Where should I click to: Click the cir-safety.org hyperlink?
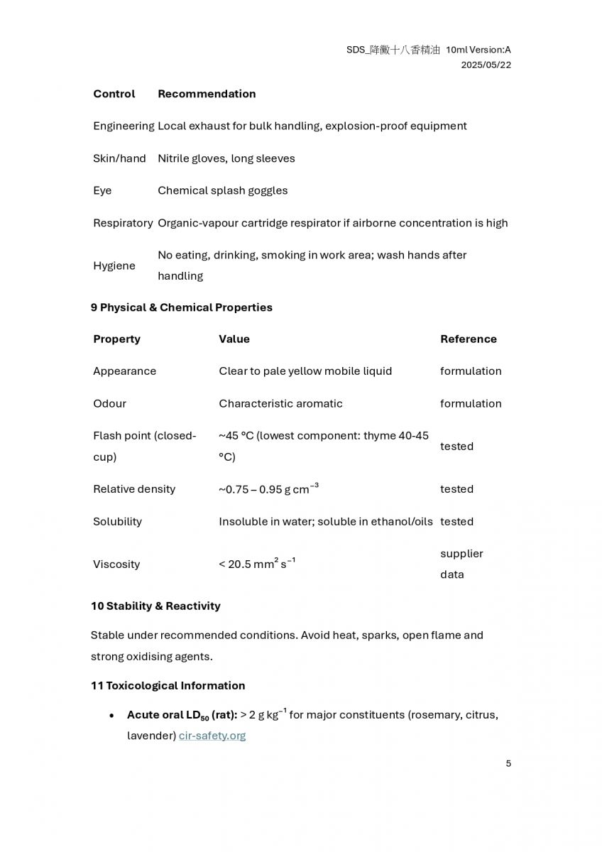[212, 736]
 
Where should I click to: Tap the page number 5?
[508, 763]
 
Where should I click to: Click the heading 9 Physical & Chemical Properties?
[182, 307]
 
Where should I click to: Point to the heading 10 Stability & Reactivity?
[155, 606]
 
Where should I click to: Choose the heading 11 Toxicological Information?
[168, 685]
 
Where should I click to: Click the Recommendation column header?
[207, 94]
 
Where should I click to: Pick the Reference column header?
[468, 339]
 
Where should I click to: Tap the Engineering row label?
[124, 126]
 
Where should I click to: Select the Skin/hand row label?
[119, 158]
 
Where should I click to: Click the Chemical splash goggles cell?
[222, 190]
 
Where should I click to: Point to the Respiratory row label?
[123, 223]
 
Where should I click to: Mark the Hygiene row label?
[114, 266]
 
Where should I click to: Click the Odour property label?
[109, 403]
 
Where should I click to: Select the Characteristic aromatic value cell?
[280, 403]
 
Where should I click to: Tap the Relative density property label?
[133, 489]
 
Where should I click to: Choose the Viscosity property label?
[116, 564]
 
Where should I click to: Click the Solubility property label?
[117, 521]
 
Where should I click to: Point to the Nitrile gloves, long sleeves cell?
[226, 158]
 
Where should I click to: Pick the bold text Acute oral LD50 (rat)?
[182, 715]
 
